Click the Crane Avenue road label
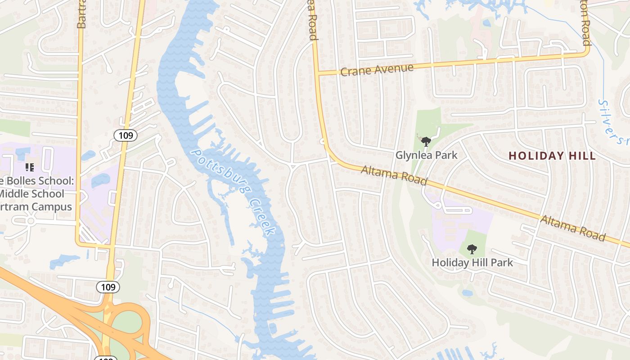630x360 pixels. [377, 70]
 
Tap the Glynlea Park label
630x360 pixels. [426, 155]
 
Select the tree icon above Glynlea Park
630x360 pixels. [426, 142]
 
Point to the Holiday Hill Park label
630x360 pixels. [472, 262]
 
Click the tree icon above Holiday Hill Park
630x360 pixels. [472, 249]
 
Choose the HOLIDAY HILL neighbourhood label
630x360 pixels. [552, 156]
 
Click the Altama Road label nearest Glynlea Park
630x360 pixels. [394, 175]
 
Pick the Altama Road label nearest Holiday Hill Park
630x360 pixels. [572, 228]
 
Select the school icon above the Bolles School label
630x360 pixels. [30, 168]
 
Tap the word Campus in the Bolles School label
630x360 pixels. [53, 207]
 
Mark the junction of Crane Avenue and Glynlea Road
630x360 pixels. [317, 73]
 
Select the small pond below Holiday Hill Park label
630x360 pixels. [468, 293]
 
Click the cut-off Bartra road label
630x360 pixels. [81, 14]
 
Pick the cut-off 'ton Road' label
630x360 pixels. [585, 22]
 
